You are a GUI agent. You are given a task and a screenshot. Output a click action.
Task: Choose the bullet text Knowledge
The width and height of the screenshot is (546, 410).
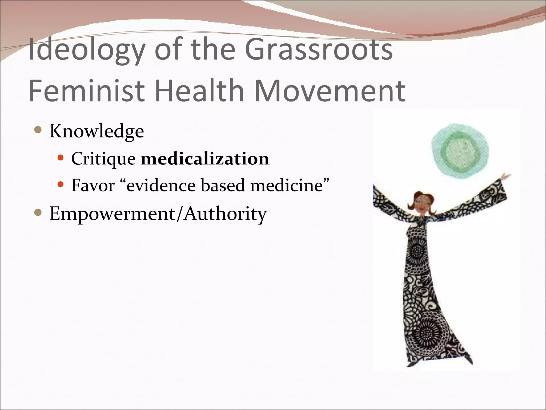pyautogui.click(x=97, y=131)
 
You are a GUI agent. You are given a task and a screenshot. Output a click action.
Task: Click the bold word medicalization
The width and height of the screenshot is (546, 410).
pyautogui.click(x=205, y=159)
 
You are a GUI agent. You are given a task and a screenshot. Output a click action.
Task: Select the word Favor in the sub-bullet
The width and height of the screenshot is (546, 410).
pyautogui.click(x=93, y=186)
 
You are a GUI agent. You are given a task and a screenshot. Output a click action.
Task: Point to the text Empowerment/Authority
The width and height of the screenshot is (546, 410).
pyautogui.click(x=158, y=214)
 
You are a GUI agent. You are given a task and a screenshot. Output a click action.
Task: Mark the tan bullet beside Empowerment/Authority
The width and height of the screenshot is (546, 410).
pyautogui.click(x=38, y=213)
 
